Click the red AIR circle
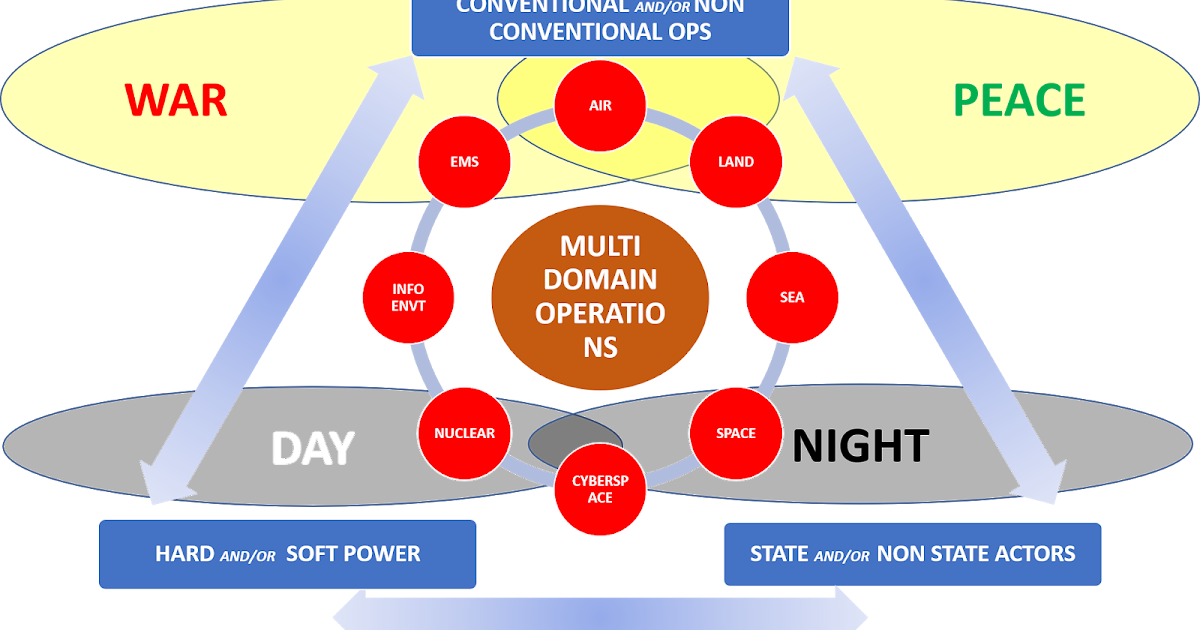(x=600, y=106)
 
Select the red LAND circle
(x=736, y=162)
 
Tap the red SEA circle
(x=792, y=297)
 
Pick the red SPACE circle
(x=736, y=433)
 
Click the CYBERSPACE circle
(x=600, y=489)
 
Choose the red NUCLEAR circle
(x=464, y=433)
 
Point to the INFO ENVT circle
(x=408, y=297)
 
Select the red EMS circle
(x=464, y=162)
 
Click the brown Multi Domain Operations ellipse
(x=600, y=298)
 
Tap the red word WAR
(x=176, y=101)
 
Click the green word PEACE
(x=1019, y=101)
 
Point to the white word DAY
(x=312, y=450)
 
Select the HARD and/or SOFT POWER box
(x=287, y=554)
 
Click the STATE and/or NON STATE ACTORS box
(x=912, y=554)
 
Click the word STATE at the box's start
(x=780, y=554)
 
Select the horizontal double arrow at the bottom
(x=600, y=612)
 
